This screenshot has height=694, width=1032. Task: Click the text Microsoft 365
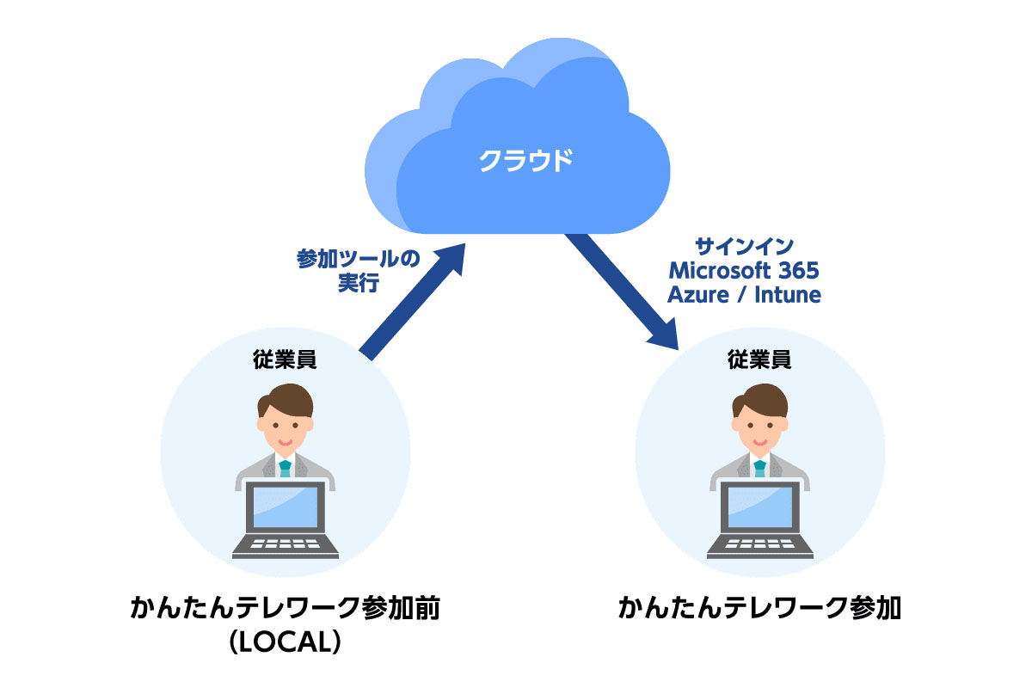(744, 271)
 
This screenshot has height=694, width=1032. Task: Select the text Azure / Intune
(745, 295)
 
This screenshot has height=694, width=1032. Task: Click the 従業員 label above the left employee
(285, 359)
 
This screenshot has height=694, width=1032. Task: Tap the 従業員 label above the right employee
(759, 359)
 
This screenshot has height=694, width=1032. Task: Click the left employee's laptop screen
(285, 508)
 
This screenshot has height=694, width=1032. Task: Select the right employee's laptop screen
(759, 508)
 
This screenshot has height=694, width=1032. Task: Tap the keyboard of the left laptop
(285, 545)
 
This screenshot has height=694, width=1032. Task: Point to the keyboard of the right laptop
(759, 545)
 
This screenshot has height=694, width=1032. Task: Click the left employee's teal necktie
(285, 469)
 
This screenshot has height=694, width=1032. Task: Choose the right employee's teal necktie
(759, 469)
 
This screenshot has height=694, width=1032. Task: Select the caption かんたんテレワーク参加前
(285, 608)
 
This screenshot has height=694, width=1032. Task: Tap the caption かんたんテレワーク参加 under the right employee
(759, 608)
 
